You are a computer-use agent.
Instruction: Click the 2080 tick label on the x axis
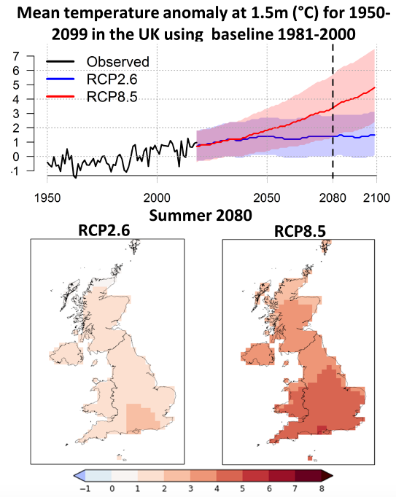click(333, 197)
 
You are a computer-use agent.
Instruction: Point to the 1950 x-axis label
click(47, 197)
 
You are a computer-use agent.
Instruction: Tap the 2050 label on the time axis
click(267, 197)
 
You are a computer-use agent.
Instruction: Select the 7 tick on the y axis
click(16, 56)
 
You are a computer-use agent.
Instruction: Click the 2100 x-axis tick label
click(376, 197)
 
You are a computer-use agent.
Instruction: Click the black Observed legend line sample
click(61, 61)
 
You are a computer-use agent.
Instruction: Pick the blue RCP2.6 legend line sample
click(61, 79)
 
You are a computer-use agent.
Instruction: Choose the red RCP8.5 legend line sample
click(61, 96)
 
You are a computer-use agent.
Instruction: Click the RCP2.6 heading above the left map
click(104, 230)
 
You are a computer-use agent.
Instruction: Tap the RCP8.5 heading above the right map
click(300, 231)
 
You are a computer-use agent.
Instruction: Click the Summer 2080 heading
click(201, 216)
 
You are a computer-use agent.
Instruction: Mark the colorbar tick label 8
click(322, 488)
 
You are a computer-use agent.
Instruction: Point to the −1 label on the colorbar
click(85, 488)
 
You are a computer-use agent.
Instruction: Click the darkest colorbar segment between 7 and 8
click(308, 475)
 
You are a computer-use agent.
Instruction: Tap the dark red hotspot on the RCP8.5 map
click(322, 429)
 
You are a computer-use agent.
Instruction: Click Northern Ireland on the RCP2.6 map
click(66, 353)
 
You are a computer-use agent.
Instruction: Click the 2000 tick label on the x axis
click(157, 197)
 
